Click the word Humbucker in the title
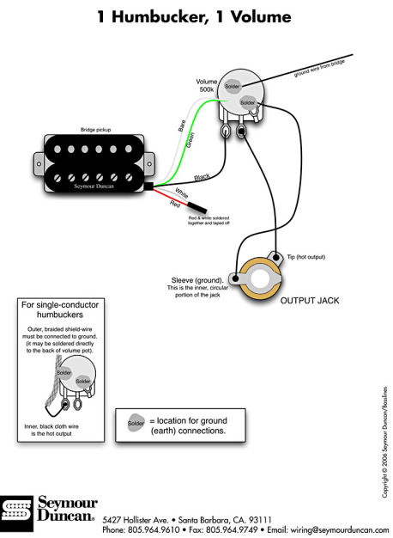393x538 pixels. [x=160, y=17]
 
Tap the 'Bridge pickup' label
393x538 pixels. [x=95, y=130]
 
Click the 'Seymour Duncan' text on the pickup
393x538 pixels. [x=94, y=186]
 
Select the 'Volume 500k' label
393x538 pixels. [x=207, y=85]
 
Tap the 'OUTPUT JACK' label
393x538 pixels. [x=310, y=301]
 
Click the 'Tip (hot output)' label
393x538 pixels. [x=306, y=257]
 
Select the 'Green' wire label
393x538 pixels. [x=190, y=140]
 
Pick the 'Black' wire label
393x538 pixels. [x=202, y=177]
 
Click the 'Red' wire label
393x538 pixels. [x=175, y=204]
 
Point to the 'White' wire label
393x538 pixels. [x=181, y=193]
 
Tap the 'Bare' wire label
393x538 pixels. [x=182, y=125]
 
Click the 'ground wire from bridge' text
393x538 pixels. [x=319, y=68]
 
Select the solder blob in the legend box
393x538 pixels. [x=136, y=423]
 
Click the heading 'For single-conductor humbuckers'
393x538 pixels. [x=60, y=309]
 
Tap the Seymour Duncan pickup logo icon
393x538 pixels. [x=16, y=513]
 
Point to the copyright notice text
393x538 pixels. [x=385, y=443]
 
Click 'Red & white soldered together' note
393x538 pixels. [x=209, y=221]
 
